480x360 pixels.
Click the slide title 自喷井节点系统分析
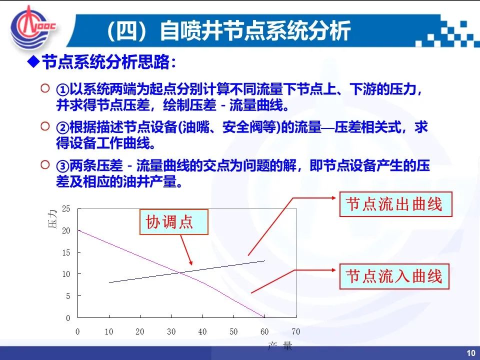(255, 31)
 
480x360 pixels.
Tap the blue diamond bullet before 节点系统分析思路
(33, 62)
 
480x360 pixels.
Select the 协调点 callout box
(174, 222)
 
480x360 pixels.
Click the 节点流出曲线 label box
(396, 204)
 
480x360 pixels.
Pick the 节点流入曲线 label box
(394, 276)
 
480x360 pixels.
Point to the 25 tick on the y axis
(66, 209)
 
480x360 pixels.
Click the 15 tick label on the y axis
(66, 252)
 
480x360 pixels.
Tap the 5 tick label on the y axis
(68, 296)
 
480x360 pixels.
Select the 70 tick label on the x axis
(295, 331)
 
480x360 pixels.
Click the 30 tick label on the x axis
(171, 331)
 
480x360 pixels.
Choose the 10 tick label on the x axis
(108, 331)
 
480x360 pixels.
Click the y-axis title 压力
(52, 219)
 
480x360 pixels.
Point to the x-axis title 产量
(280, 346)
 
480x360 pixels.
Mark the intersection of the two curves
(180, 272)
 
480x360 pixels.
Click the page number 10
(471, 353)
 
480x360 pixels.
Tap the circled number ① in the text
(62, 90)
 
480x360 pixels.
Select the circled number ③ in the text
(62, 166)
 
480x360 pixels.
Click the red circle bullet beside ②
(45, 126)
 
